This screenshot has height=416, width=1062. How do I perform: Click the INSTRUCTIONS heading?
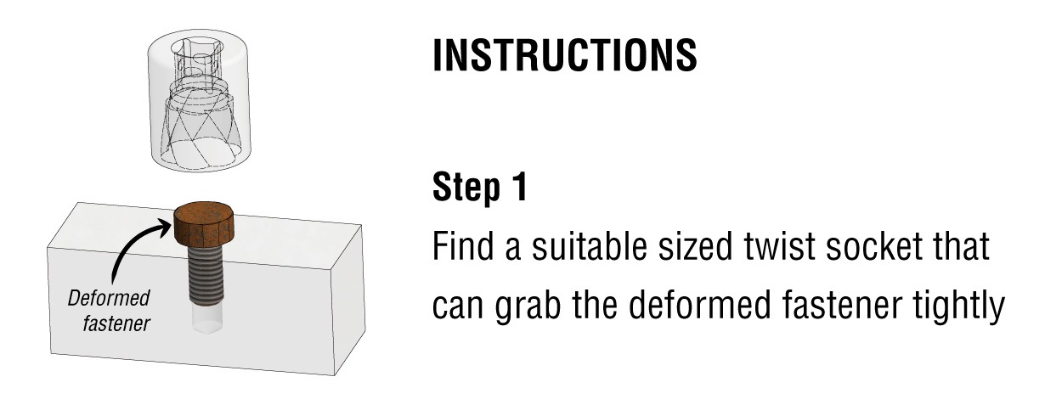coord(565,55)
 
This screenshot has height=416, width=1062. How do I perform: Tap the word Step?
coord(466,188)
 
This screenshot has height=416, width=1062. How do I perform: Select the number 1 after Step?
coord(520,186)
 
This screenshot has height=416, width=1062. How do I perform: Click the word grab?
coord(528,306)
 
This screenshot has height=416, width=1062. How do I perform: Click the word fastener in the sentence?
coord(842,304)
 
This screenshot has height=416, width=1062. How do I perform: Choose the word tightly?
coord(958,306)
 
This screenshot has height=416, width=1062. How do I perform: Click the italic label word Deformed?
coord(109,299)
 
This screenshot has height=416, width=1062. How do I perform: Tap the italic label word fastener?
coord(116,323)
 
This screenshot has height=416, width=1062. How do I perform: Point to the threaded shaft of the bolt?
coord(206,274)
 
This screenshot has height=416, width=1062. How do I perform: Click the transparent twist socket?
coord(200,99)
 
